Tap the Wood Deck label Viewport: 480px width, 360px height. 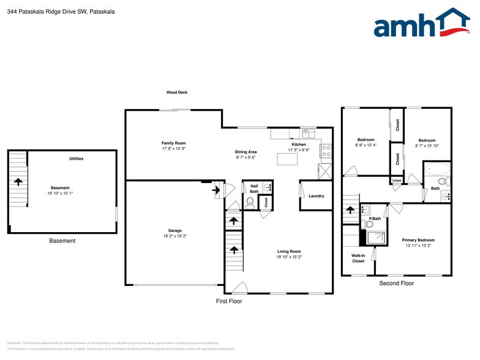point(177,92)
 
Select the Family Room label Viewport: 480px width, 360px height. point(174,143)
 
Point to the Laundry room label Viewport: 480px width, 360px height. point(317,196)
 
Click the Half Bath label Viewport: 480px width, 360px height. point(254,189)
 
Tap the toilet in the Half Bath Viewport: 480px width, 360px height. point(250,201)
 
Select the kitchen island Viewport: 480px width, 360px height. point(287,159)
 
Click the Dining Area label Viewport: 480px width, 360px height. point(246,151)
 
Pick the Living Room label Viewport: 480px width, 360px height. point(288,252)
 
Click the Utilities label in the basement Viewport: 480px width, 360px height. point(77,159)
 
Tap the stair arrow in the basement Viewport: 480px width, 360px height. point(18,181)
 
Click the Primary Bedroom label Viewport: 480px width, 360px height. point(418,240)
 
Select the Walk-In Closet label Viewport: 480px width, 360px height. point(358,258)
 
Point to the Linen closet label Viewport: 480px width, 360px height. point(397,181)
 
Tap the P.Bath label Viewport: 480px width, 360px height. point(375,219)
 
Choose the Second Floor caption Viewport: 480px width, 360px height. point(397,283)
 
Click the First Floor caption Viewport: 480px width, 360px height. point(229,301)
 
